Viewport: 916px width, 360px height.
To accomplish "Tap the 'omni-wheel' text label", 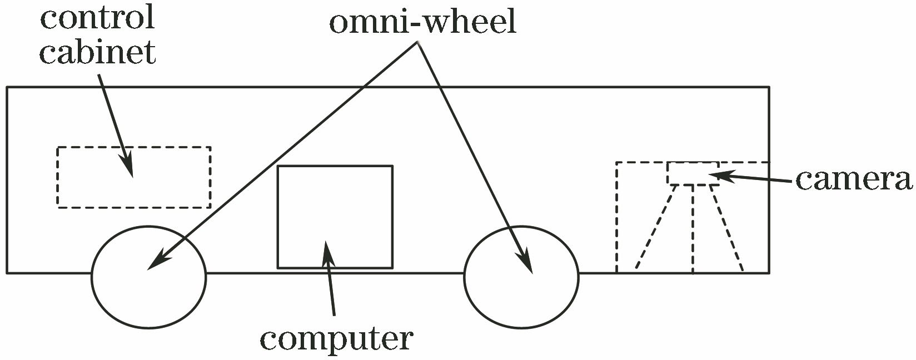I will pyautogui.click(x=422, y=23).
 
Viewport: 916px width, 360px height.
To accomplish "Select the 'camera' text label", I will pyautogui.click(x=853, y=179).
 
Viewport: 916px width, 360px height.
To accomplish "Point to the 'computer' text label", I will pyautogui.click(x=336, y=338).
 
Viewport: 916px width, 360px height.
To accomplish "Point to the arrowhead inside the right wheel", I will pyautogui.click(x=526, y=262).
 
